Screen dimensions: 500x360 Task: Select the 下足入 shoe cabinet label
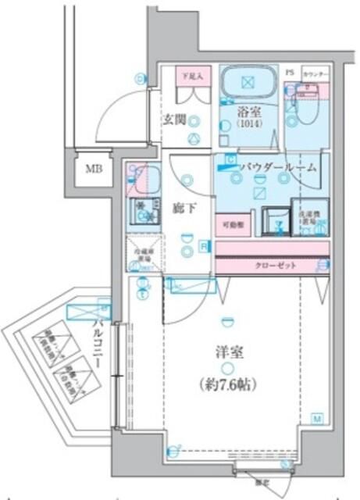point(191,77)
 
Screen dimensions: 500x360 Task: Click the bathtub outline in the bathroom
point(248,82)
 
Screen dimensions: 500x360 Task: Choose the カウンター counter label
point(317,72)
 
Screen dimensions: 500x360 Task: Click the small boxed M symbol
point(318,418)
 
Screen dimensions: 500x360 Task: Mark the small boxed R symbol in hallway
point(203,247)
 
